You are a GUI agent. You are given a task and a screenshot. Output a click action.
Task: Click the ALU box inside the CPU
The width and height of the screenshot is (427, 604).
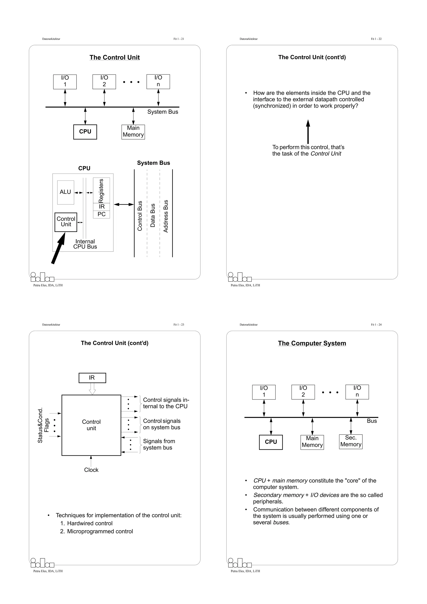click(x=65, y=192)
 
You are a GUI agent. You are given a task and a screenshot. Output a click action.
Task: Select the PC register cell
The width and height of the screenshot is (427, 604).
click(x=101, y=214)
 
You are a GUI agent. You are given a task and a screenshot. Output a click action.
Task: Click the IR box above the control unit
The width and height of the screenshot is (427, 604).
click(x=92, y=378)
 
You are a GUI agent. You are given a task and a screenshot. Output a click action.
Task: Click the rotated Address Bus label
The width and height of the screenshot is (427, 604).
click(x=166, y=216)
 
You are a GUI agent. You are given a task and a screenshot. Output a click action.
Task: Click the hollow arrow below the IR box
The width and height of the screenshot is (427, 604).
click(x=92, y=389)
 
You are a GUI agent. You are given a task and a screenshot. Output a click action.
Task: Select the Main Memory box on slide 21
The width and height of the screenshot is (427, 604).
click(x=133, y=132)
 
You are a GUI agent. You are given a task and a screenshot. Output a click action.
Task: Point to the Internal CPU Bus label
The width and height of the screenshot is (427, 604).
click(x=85, y=244)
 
